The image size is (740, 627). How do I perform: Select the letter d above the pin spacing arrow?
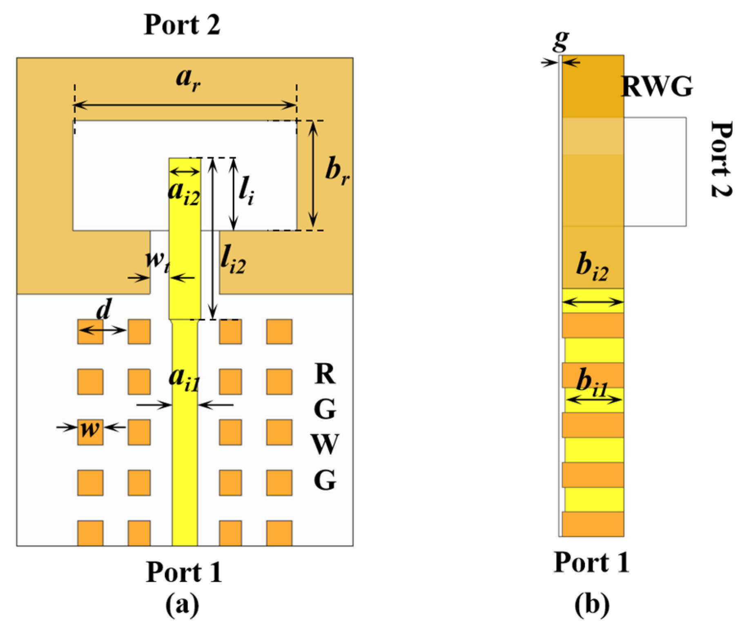104,310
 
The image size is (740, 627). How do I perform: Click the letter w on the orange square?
90,428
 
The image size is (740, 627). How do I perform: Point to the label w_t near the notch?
157,260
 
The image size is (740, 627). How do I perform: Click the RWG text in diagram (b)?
657,87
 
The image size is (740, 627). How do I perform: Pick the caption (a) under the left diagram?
182,605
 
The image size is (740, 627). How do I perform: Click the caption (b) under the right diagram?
592,605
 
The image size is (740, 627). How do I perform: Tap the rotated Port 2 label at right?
721,159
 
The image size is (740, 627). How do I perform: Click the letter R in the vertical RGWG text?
325,374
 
